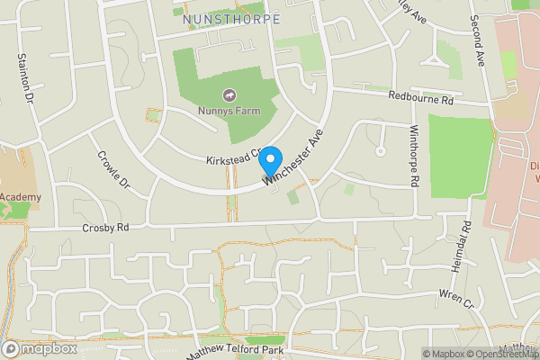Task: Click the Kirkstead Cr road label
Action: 231,156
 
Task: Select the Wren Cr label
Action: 456,297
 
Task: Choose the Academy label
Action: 20,196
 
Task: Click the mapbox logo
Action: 40,348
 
